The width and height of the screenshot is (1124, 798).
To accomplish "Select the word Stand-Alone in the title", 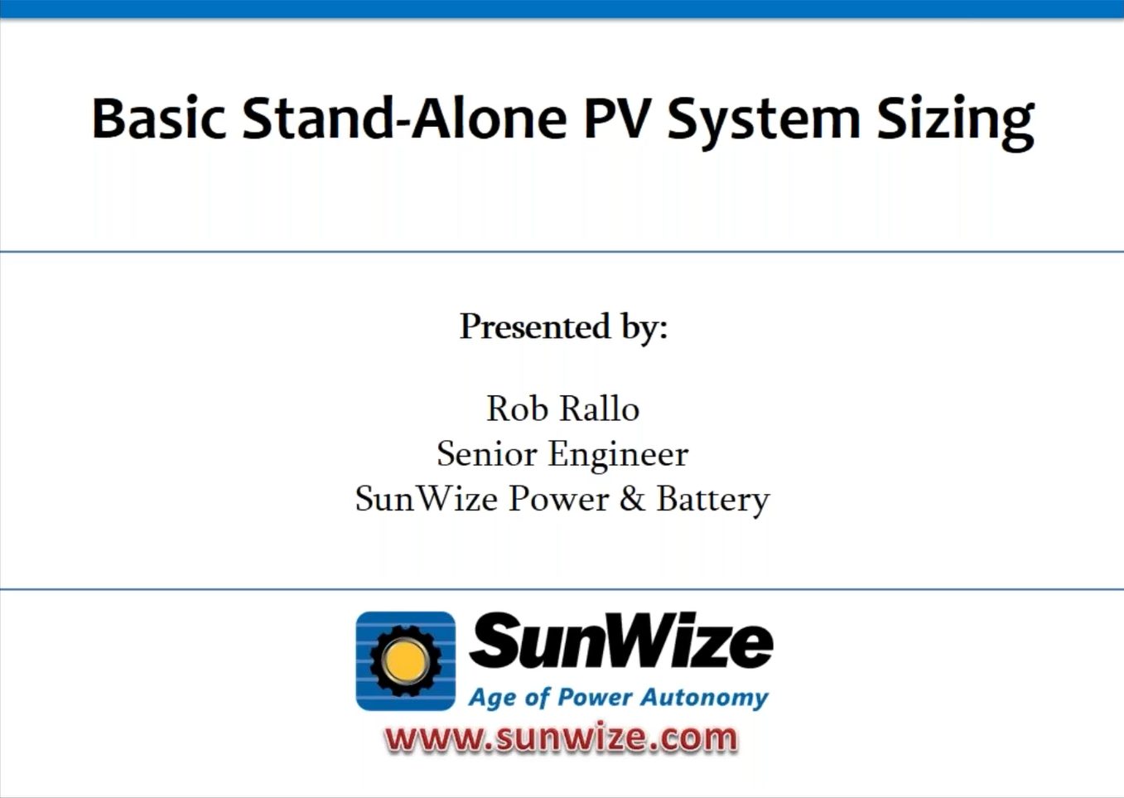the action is click(404, 118).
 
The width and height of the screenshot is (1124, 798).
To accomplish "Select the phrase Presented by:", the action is click(563, 327).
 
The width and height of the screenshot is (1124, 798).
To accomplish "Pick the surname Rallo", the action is click(600, 409).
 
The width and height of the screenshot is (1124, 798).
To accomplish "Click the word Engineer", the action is click(618, 457).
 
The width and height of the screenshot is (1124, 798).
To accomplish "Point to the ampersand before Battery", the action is click(632, 499).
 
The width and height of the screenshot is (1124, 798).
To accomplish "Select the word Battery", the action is click(713, 501).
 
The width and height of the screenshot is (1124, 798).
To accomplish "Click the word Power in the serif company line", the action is click(559, 499).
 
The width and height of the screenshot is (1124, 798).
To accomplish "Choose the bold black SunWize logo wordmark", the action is click(620, 641).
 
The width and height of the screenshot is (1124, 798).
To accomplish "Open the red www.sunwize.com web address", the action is click(561, 738).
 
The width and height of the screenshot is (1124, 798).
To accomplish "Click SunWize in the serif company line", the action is click(427, 499).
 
